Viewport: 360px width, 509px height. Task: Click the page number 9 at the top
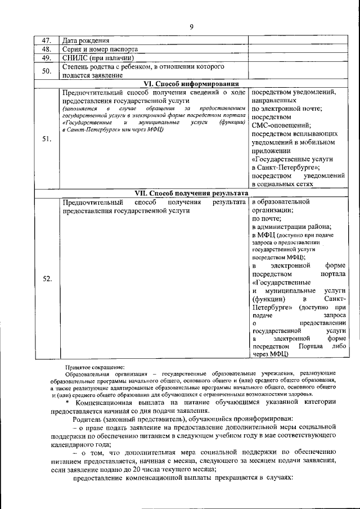pos(191,26)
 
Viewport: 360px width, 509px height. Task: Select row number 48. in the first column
pos(47,49)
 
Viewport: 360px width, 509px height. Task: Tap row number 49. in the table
pos(47,57)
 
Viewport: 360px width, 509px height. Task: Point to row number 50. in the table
pos(47,70)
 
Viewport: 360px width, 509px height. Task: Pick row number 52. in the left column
pos(47,278)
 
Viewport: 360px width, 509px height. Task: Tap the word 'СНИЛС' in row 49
pos(76,57)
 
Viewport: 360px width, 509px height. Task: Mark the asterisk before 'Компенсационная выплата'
pos(67,402)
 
